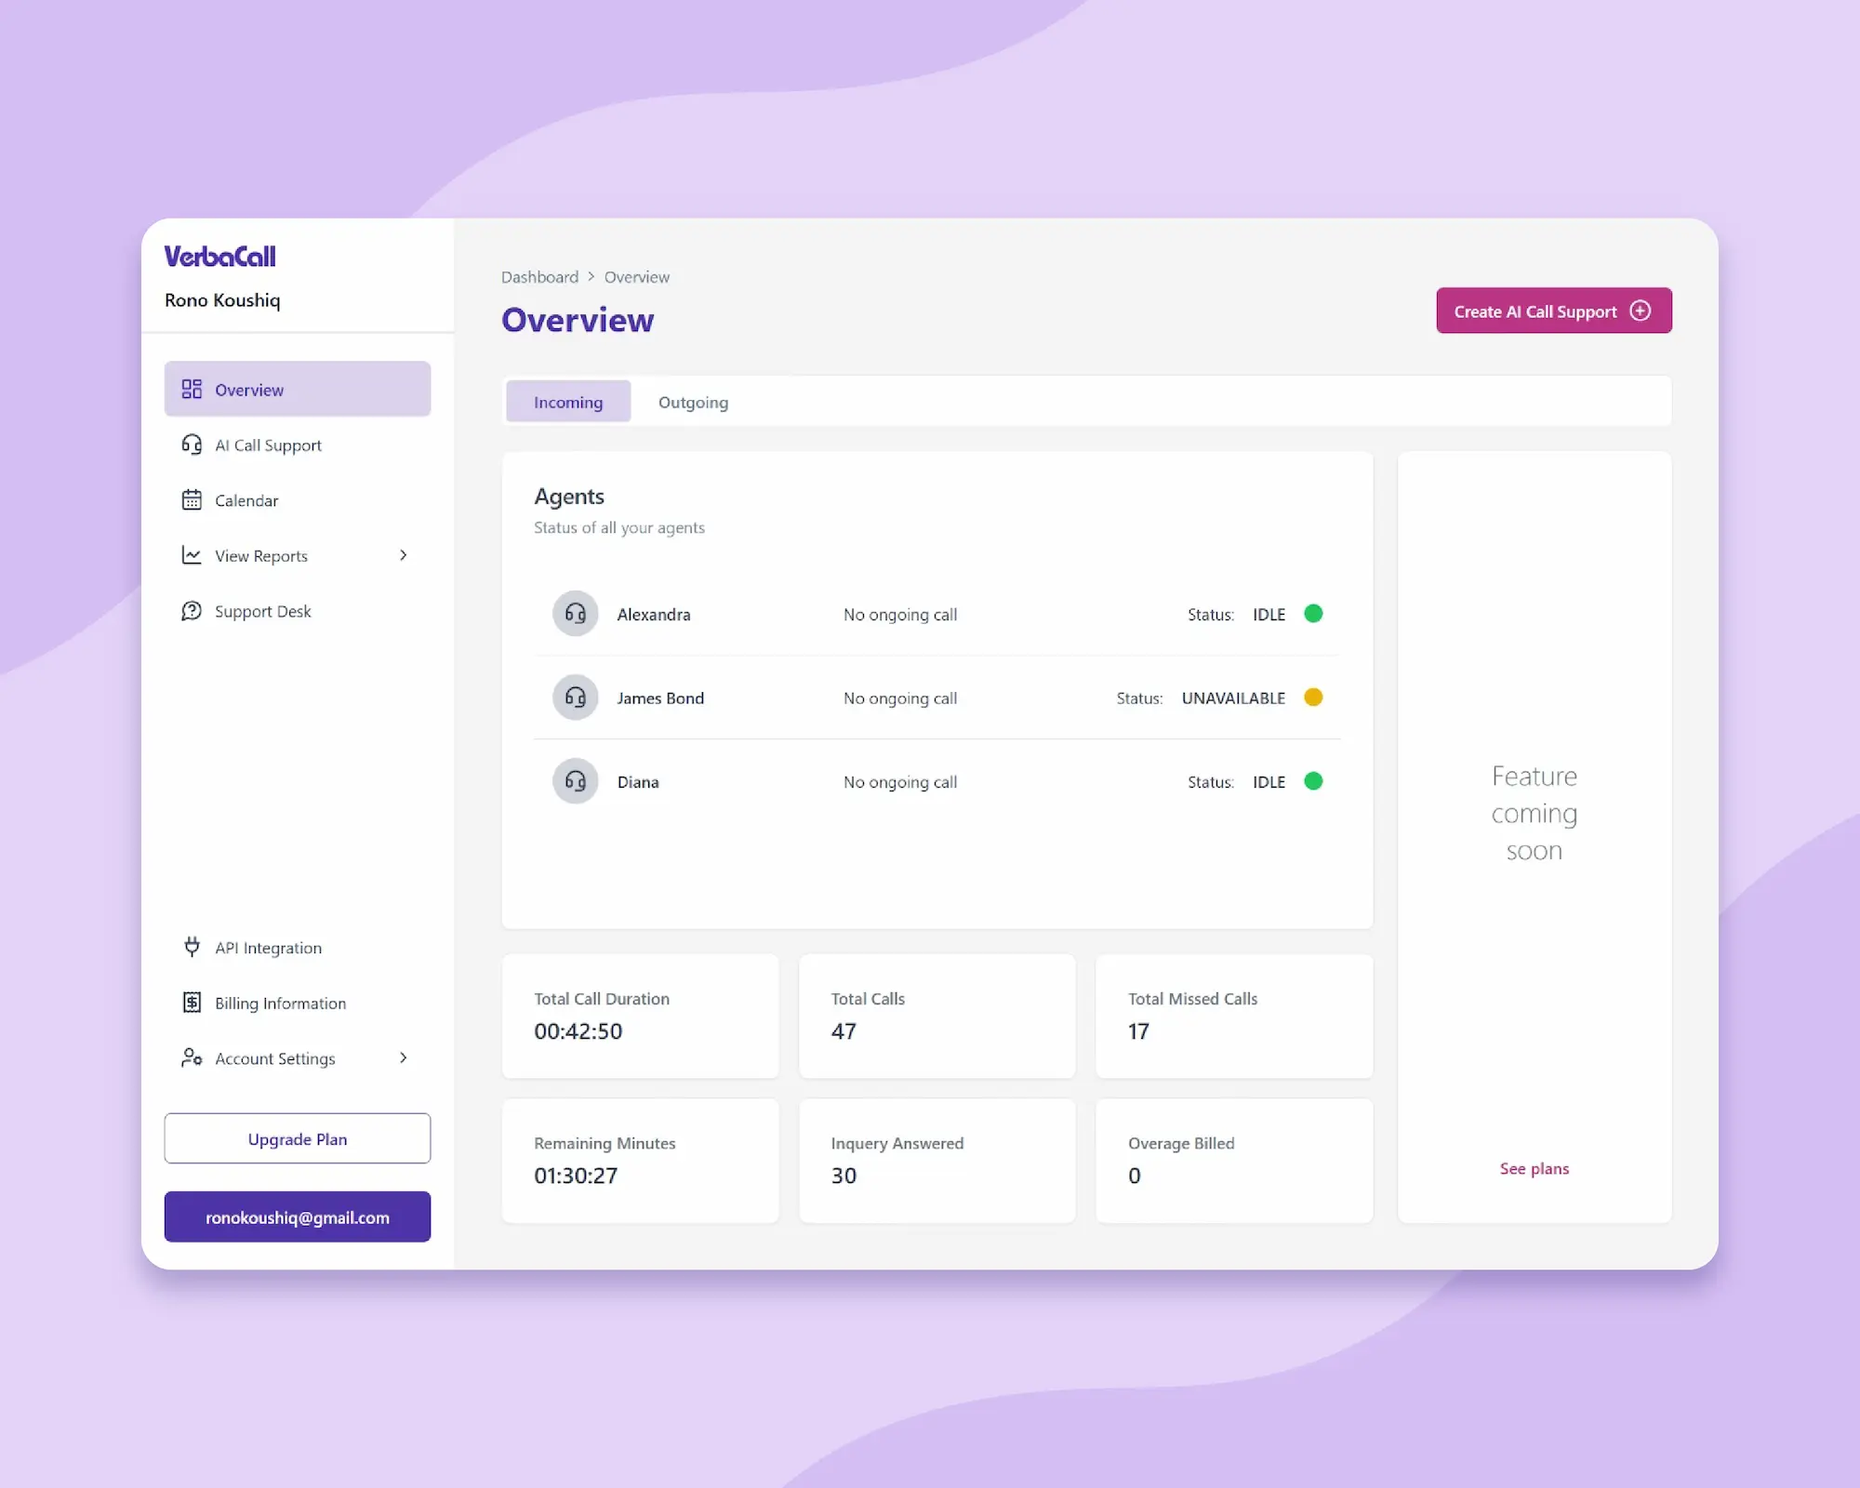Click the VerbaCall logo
tap(220, 257)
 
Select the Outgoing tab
tap(693, 402)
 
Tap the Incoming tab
tap(568, 402)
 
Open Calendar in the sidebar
tap(246, 500)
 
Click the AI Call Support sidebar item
tap(268, 445)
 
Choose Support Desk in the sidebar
tap(262, 611)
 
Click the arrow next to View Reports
tap(403, 555)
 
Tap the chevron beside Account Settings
tap(403, 1057)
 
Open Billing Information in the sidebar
tap(279, 1003)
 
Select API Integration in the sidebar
tap(268, 948)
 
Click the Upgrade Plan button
tap(298, 1138)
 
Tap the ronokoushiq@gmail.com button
tap(298, 1216)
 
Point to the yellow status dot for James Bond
tap(1313, 697)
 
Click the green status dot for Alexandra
tap(1313, 614)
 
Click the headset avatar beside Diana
tap(576, 781)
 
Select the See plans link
tap(1534, 1168)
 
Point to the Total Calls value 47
tap(844, 1031)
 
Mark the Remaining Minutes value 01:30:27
tap(576, 1176)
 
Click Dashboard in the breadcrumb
tap(539, 277)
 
